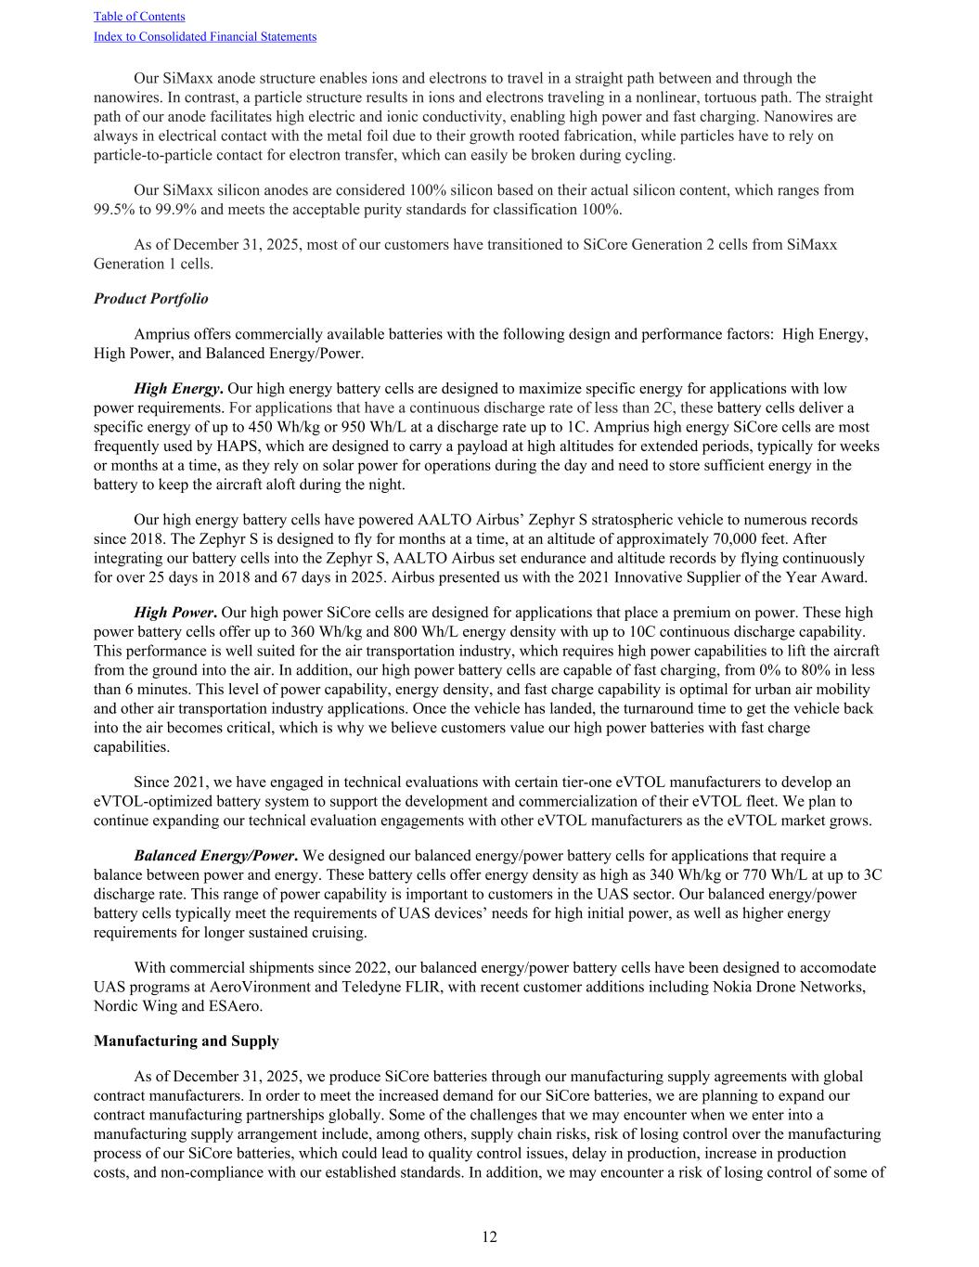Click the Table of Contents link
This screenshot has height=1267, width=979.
tap(139, 16)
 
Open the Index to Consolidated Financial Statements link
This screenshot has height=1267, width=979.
tap(205, 36)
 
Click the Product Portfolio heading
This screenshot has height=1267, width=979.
tap(150, 298)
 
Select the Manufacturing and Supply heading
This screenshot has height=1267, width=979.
tap(186, 1041)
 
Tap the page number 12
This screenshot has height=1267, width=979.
tap(489, 1236)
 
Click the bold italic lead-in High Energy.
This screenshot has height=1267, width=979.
tap(178, 388)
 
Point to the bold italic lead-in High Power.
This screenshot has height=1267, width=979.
tap(175, 612)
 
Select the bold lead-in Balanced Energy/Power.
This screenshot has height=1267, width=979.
tap(215, 855)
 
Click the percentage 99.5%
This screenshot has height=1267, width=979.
tap(113, 209)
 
